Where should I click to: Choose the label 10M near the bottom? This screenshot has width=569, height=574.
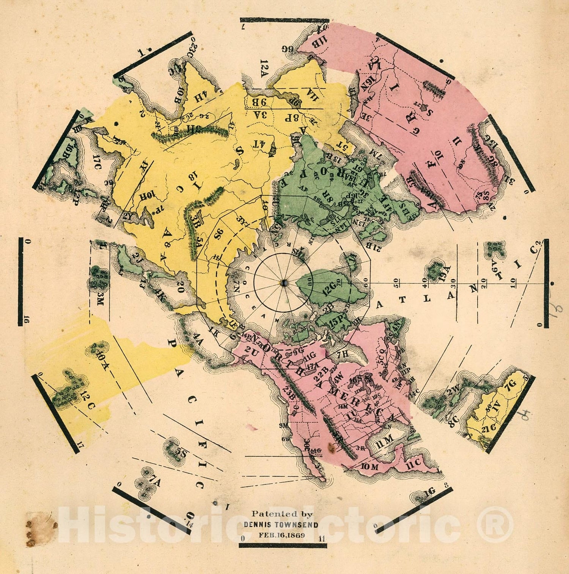[369, 467]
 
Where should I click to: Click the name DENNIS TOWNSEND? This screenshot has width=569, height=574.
[281, 525]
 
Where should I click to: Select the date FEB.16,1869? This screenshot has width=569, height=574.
[281, 535]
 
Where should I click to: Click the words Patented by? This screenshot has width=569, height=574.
[282, 514]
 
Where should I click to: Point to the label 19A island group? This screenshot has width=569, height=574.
[445, 272]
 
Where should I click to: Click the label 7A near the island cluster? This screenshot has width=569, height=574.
[155, 483]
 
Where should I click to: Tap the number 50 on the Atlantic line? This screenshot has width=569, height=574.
[396, 281]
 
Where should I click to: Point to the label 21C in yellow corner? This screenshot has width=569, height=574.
[489, 428]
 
